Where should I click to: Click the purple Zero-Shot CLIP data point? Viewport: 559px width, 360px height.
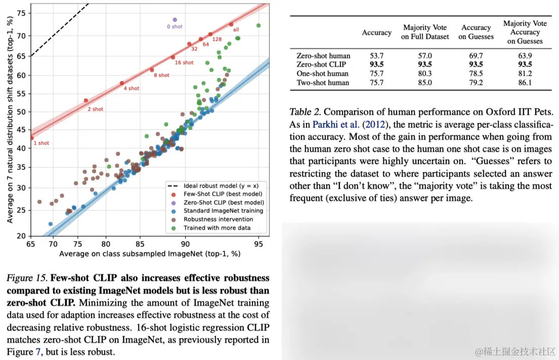[x=175, y=20]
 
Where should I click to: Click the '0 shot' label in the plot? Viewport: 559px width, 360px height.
[x=175, y=27]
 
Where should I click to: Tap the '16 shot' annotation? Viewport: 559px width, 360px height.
[x=184, y=63]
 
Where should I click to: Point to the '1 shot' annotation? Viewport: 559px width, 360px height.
[x=41, y=143]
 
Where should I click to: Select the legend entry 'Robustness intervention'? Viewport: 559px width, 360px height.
[x=218, y=219]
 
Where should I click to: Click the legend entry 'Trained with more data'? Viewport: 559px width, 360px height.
[x=217, y=228]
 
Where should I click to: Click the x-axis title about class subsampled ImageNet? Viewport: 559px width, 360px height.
[x=149, y=253]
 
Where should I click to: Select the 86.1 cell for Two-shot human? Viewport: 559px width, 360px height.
[x=525, y=83]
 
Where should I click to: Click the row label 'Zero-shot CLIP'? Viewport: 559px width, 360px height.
[x=322, y=64]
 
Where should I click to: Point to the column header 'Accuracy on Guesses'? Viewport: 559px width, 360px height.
[x=476, y=32]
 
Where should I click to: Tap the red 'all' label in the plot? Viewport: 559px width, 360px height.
[x=236, y=30]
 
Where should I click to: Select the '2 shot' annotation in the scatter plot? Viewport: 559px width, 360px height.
[x=95, y=109]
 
